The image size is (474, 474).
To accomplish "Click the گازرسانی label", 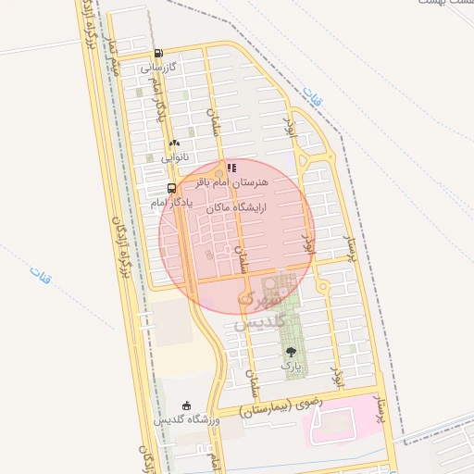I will pos(157,68).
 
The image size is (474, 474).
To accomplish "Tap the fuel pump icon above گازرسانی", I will pos(158,53).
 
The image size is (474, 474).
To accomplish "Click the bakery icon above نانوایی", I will pos(174,143).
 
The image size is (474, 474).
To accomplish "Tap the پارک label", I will pos(292,368).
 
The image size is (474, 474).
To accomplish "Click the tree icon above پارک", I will pos(292,352).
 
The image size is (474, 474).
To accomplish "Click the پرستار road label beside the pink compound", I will pos(380,417).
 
